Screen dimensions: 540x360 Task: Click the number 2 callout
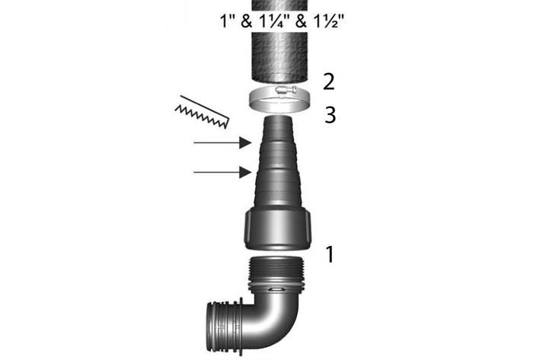tap(329, 82)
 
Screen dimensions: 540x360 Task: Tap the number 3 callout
tap(331, 115)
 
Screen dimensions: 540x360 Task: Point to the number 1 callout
tap(330, 254)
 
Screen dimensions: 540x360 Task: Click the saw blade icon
tap(202, 112)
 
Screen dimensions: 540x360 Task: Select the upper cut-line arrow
tap(223, 142)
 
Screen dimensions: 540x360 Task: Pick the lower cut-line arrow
tap(223, 172)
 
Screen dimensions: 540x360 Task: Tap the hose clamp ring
tap(279, 100)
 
